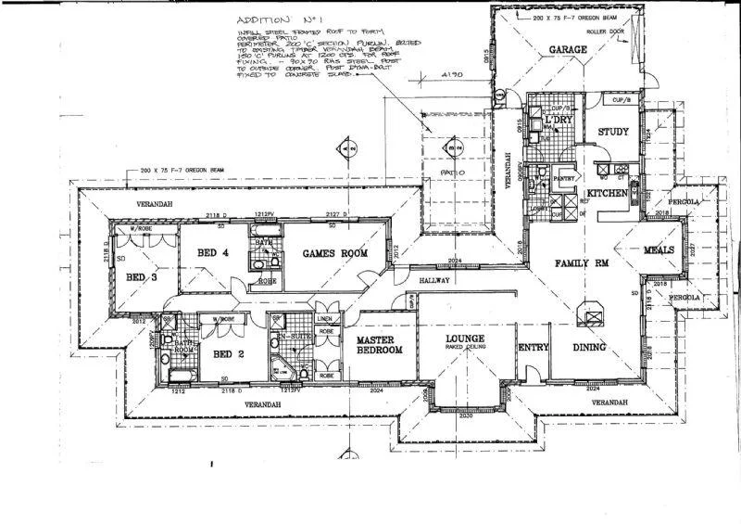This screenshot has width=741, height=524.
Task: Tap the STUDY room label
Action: pos(613,132)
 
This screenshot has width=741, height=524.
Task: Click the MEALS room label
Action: pos(659,250)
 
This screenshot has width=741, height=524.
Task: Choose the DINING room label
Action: pos(589,348)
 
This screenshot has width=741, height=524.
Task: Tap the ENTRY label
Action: pos(534,348)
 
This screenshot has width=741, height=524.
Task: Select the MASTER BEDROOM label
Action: pos(380,346)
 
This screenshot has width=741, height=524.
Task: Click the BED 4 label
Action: pos(213,252)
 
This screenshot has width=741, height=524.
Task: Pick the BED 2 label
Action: pos(228,354)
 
